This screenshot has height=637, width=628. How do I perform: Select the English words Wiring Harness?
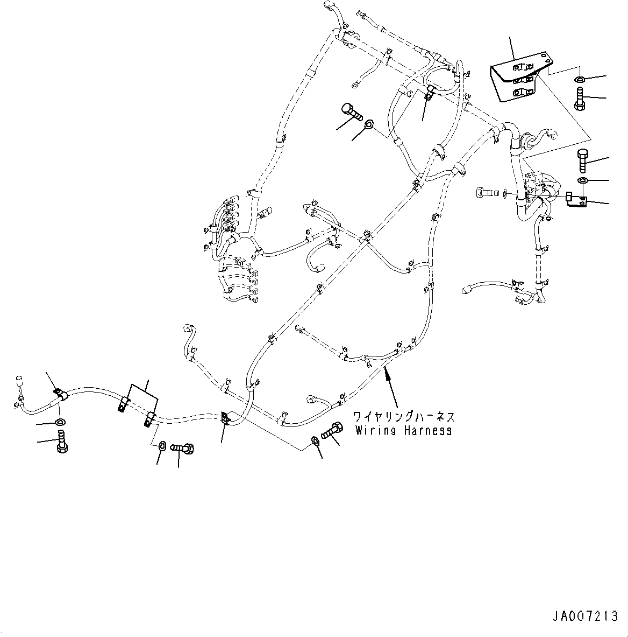tap(402, 430)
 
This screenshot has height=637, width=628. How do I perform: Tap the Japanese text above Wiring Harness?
tap(403, 417)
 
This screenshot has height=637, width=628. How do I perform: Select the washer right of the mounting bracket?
tap(580, 80)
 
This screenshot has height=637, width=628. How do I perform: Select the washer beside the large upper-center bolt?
tap(369, 125)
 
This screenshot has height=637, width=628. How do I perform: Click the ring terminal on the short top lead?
tap(356, 84)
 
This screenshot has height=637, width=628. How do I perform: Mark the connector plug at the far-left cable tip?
tap(19, 379)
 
